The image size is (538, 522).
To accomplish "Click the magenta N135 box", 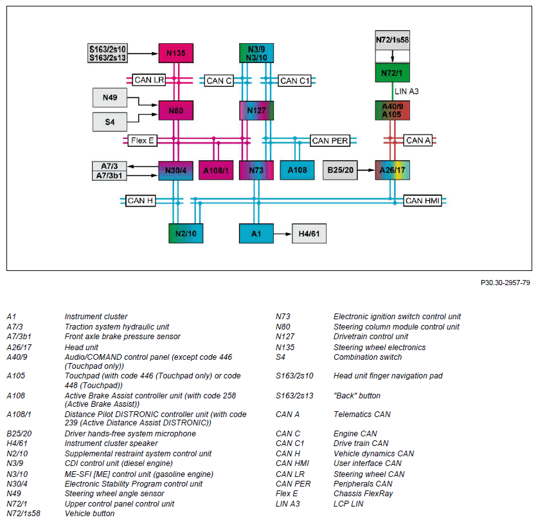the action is pos(175,53).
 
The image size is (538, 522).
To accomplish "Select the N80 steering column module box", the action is pos(175,110).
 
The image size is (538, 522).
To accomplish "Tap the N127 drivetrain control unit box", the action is pos(256,110).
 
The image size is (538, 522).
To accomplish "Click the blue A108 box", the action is pos(297,170).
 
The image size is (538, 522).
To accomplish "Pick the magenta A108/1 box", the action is pos(216,170).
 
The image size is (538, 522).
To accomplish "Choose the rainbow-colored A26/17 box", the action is pos(392,170).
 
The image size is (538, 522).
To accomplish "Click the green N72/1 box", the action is pos(392,73).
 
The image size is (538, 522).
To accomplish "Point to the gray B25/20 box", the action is pos(340,170).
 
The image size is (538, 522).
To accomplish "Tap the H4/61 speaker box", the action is pos(309,234).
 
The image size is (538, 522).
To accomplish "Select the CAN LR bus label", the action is pos(149,80).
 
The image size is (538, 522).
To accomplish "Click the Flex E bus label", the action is pos(143,140).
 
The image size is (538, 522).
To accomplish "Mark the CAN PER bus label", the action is pos(330,140).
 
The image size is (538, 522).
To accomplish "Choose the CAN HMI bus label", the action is pos(422,201).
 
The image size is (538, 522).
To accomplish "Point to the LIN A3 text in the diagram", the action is pos(407,91).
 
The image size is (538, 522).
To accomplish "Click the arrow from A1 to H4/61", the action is pos(283,234).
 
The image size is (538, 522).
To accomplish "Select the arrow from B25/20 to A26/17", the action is pos(366,170).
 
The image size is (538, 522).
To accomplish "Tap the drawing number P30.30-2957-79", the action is pos(505,283).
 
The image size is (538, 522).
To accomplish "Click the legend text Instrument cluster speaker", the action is pos(111,443).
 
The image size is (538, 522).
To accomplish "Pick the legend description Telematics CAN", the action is pos(362,415).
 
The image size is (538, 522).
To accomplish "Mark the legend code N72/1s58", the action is pos(23,514).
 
